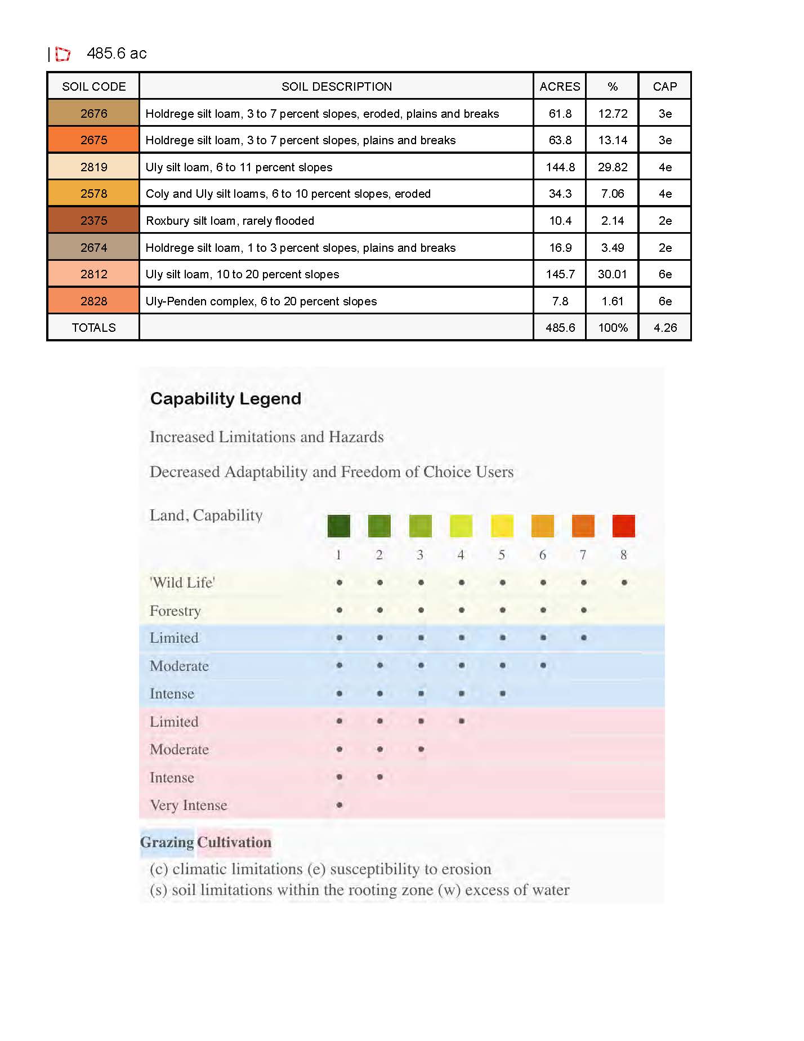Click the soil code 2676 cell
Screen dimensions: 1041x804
tap(93, 113)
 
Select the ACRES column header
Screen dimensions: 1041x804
tap(560, 86)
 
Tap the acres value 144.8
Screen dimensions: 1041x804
tap(560, 167)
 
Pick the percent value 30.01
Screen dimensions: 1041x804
tap(612, 274)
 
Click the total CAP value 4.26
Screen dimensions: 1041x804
tap(665, 328)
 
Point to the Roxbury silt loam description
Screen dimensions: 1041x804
tap(230, 221)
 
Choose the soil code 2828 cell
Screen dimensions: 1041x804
tap(93, 301)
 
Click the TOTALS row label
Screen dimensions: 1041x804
tap(93, 328)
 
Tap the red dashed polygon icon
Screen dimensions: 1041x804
tap(62, 54)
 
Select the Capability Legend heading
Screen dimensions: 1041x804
tap(225, 399)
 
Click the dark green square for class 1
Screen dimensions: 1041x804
tap(339, 526)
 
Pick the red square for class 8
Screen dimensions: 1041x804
tap(623, 526)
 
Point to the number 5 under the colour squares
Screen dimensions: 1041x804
tap(502, 555)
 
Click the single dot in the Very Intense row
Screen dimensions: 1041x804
tap(340, 805)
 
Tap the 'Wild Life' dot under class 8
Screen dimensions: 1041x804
tap(624, 582)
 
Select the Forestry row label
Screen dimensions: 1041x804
tap(175, 611)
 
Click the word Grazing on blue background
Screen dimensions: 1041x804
tap(167, 842)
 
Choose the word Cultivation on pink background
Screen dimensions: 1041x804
tap(234, 842)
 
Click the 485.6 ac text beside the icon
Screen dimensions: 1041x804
tap(117, 54)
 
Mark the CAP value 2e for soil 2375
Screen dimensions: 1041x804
tap(665, 221)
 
